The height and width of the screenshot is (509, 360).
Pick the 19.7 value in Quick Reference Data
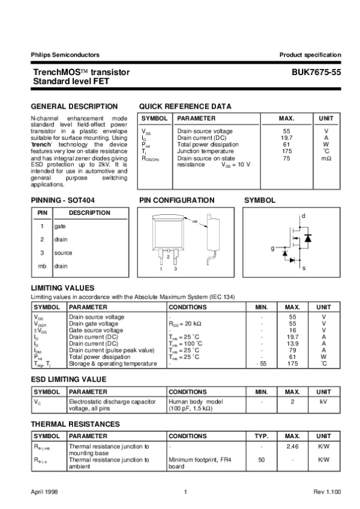click(x=286, y=137)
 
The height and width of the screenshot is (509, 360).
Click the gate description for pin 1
click(x=59, y=226)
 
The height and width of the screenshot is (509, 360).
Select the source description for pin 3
click(x=62, y=253)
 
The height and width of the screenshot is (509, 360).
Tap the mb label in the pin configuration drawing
click(x=194, y=221)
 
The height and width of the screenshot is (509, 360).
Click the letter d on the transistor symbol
click(x=304, y=215)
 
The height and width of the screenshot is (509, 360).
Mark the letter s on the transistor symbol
click(x=304, y=268)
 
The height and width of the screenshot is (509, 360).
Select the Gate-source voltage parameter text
click(x=96, y=330)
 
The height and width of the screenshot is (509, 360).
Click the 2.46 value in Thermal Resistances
click(x=292, y=447)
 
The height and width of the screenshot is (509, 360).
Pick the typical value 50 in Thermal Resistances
click(x=261, y=460)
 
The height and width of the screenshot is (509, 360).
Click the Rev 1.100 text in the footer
click(x=327, y=492)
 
